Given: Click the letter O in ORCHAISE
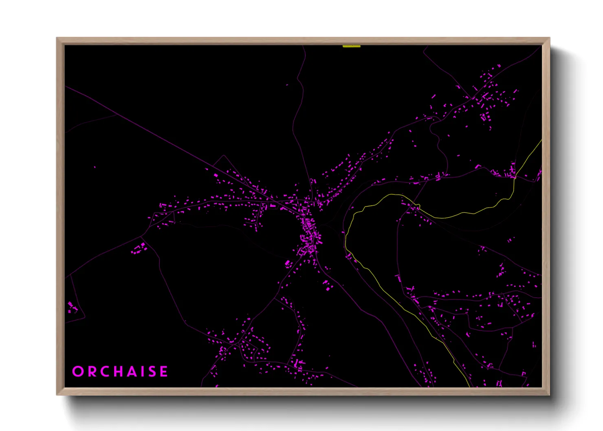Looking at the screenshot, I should coord(77,372).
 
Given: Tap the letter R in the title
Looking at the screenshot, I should coord(91,372).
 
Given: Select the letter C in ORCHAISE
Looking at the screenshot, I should coord(105,372).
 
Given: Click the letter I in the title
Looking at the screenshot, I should coord(144,372).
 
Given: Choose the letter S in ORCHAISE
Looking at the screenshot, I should coord(152,372).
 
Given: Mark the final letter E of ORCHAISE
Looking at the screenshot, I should coord(164,372).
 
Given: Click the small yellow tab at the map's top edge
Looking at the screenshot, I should coord(351,46).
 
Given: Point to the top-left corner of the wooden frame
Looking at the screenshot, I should coord(57,38).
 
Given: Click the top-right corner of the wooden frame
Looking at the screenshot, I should coord(549,38).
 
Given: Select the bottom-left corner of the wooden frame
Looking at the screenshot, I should coord(57,394).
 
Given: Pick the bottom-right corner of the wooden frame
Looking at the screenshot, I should coord(549,394).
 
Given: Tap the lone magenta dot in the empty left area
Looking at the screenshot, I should coord(95,167).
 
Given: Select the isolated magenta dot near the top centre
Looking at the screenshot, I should coord(287,85).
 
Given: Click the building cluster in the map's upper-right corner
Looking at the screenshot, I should coord(487,98).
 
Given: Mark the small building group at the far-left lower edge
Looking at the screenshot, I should coord(73,307).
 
